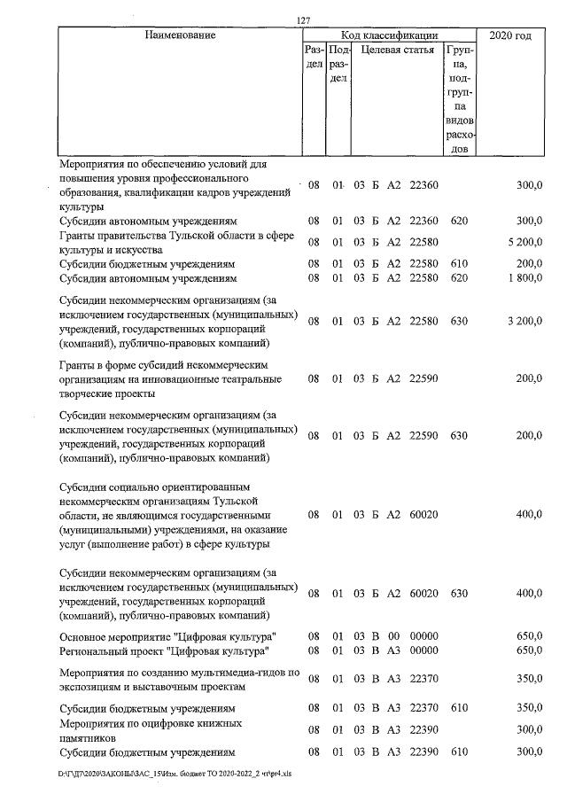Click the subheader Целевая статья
(397, 51)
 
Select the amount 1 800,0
(525, 279)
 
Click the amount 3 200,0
(525, 322)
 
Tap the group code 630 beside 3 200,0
(458, 322)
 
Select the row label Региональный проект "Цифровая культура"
(164, 651)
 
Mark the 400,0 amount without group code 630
(529, 514)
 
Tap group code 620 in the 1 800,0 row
(458, 279)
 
